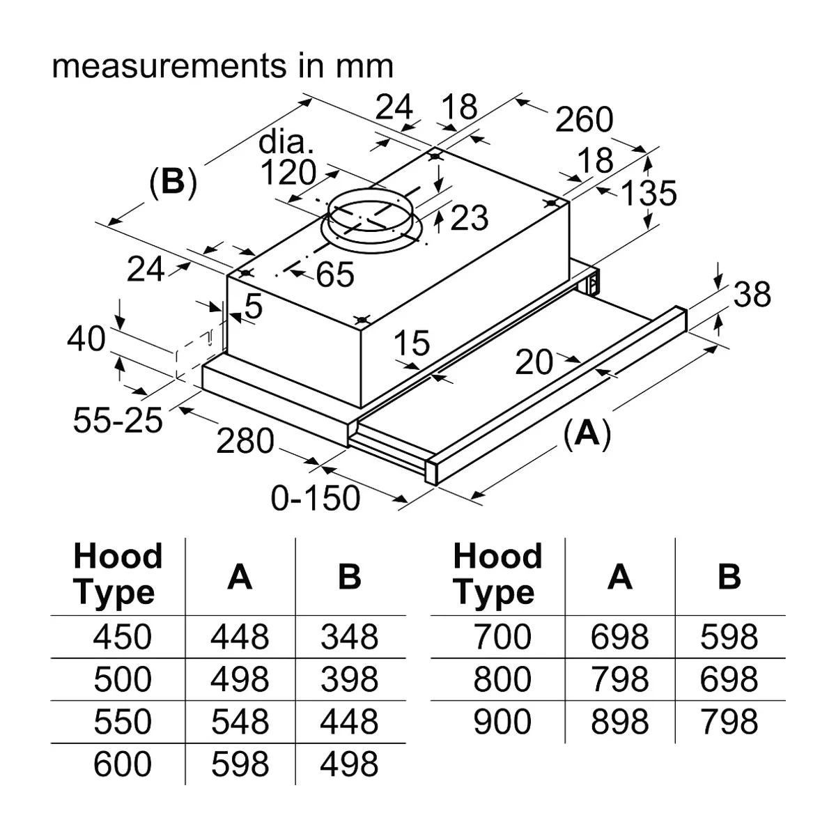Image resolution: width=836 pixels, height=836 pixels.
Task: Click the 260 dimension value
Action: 584,119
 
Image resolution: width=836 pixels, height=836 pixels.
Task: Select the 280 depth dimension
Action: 245,441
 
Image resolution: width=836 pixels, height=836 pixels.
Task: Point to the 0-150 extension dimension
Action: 316,497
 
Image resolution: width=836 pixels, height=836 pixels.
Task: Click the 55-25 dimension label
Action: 118,420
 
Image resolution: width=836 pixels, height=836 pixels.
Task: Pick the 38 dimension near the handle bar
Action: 752,294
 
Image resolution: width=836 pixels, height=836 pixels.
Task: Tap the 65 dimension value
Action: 335,274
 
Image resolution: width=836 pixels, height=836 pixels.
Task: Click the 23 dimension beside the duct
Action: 470,217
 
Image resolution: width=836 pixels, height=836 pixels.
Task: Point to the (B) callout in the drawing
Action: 173,182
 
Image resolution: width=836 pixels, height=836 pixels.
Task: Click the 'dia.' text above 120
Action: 286,143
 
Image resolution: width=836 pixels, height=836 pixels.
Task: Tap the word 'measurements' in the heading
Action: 169,67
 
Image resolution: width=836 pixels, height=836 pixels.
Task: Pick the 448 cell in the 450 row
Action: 240,637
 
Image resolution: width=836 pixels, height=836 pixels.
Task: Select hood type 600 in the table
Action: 123,764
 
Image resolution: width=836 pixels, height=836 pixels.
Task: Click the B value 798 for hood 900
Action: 729,722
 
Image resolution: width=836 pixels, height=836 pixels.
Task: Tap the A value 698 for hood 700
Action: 619,637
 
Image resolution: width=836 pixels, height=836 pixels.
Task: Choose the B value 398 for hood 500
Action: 349,679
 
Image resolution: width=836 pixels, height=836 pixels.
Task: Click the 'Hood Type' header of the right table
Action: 497,573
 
